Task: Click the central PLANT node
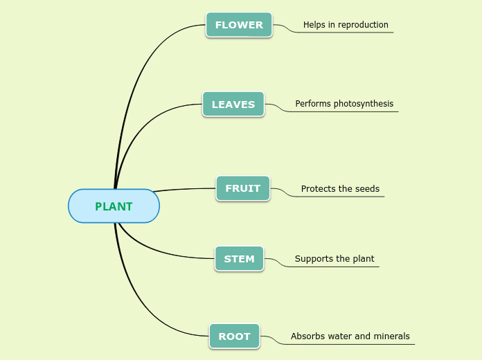coord(114,206)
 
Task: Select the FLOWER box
coord(239,25)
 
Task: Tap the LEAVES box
coord(233,105)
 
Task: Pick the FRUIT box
coord(243,188)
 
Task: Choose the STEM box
coord(239,259)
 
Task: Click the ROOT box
coord(235,336)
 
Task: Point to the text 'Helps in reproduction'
coord(346,25)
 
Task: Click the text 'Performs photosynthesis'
coord(344,104)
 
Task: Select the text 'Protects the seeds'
coord(340,188)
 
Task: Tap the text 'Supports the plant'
coord(334,259)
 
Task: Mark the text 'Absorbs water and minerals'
coord(350,336)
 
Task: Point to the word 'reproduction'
coord(363,25)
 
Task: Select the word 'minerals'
coord(392,336)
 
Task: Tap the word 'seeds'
coord(367,188)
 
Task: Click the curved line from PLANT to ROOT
coord(142,298)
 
